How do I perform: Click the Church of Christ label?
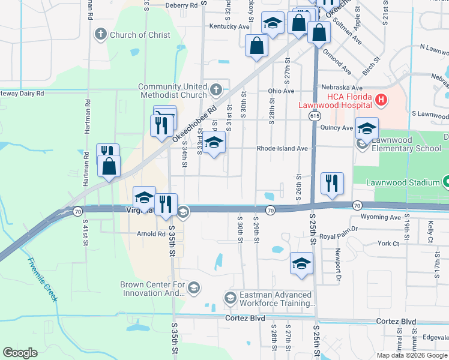pyautogui.click(x=139, y=35)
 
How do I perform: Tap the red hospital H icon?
pyautogui.click(x=379, y=99)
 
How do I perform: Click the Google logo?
pyautogui.click(x=20, y=352)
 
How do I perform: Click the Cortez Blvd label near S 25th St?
pyautogui.click(x=396, y=321)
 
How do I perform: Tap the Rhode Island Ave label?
pyautogui.click(x=282, y=148)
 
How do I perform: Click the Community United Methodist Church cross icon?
pyautogui.click(x=216, y=91)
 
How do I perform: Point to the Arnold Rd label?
pyautogui.click(x=151, y=234)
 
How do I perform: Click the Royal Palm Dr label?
pyautogui.click(x=339, y=229)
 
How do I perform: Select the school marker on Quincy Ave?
pyautogui.click(x=367, y=128)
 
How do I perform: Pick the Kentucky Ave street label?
pyautogui.click(x=229, y=26)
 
